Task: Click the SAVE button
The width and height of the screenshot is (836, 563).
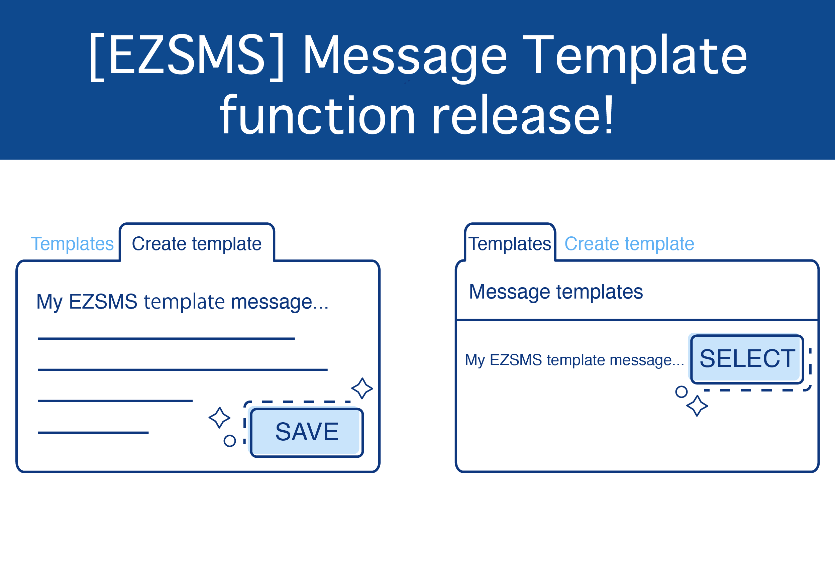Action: click(307, 433)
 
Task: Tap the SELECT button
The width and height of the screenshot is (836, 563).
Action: click(747, 359)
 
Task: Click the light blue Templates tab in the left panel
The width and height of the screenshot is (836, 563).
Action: click(72, 244)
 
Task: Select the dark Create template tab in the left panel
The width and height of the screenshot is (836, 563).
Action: click(196, 244)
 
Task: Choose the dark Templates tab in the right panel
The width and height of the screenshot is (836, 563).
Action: click(510, 244)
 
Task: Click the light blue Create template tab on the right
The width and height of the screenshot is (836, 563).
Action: click(629, 244)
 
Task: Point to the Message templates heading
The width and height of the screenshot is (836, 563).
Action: click(556, 292)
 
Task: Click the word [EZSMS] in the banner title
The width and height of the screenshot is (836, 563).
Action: click(187, 57)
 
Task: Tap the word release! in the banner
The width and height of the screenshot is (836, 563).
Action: click(523, 115)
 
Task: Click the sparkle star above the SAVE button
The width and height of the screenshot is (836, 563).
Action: click(362, 388)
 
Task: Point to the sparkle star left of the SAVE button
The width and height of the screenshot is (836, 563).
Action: click(219, 418)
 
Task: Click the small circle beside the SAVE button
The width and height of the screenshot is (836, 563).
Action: click(230, 441)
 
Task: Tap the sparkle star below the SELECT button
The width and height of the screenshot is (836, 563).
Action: click(697, 406)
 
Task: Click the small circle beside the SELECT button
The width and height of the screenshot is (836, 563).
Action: click(681, 392)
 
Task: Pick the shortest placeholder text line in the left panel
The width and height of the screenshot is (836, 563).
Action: click(93, 433)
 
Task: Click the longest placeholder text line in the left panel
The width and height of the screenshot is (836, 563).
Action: click(183, 370)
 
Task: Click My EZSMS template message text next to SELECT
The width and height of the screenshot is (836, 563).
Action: click(574, 360)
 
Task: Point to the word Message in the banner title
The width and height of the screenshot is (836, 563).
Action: click(405, 58)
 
